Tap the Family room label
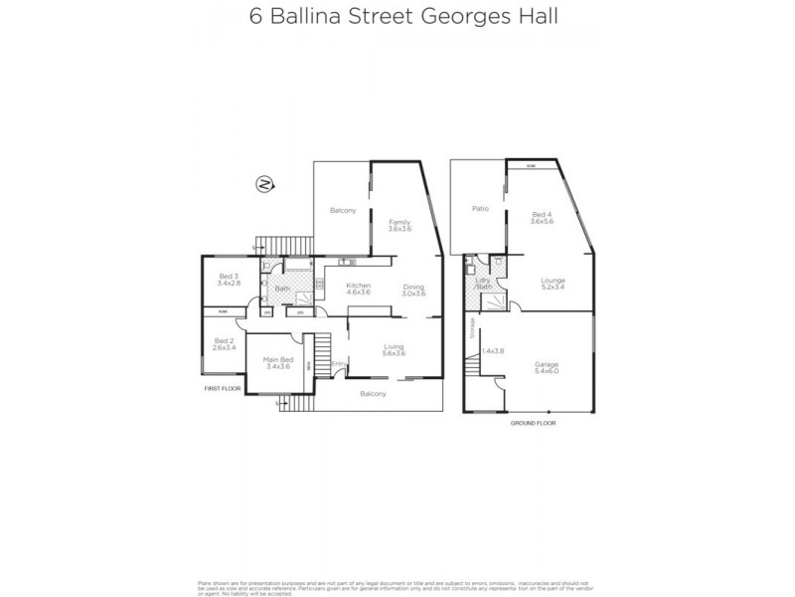[397, 221]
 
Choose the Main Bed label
[277, 359]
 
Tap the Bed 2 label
[224, 341]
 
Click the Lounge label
[553, 281]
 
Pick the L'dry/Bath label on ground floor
[484, 283]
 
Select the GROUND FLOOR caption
[533, 423]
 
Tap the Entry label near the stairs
[337, 363]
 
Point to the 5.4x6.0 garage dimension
[548, 373]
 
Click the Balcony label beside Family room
[343, 210]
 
